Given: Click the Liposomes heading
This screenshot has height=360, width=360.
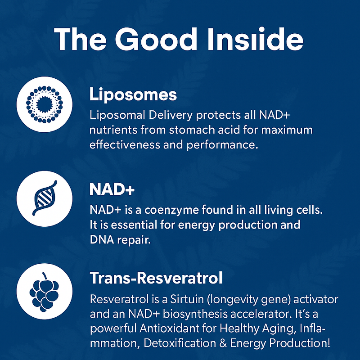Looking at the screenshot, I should click(133, 95).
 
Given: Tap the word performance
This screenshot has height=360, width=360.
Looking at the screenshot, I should click(227, 145).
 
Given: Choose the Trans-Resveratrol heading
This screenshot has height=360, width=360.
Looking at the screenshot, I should click(156, 278).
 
